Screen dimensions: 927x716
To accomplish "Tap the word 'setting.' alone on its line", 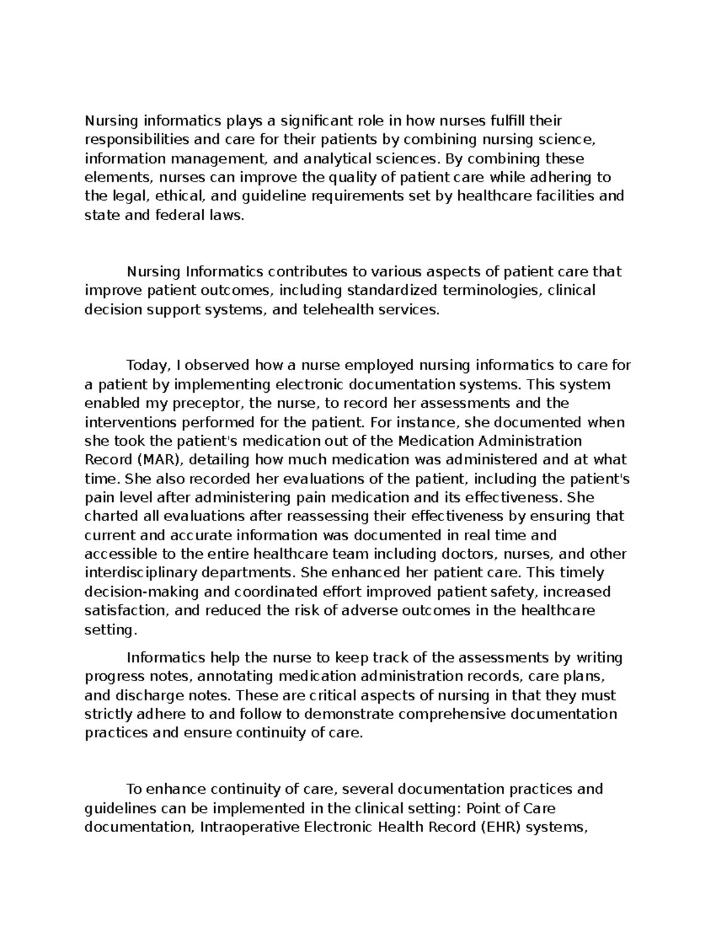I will pos(111,629).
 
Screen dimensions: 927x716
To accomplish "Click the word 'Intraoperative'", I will pos(251,827).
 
